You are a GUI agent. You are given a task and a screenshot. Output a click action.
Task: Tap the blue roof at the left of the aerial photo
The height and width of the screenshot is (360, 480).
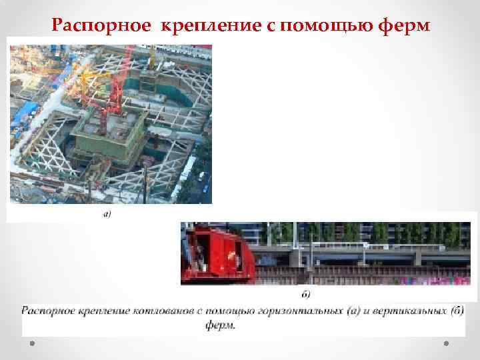point(27,111)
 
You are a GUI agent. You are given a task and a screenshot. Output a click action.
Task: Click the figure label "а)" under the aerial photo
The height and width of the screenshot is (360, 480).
point(107,214)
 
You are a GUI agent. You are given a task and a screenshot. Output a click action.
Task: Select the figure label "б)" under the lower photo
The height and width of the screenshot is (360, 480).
point(307,293)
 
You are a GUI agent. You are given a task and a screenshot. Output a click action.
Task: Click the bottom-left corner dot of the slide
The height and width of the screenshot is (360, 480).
point(32,343)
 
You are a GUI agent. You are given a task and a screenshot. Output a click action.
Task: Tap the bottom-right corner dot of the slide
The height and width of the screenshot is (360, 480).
point(447,343)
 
